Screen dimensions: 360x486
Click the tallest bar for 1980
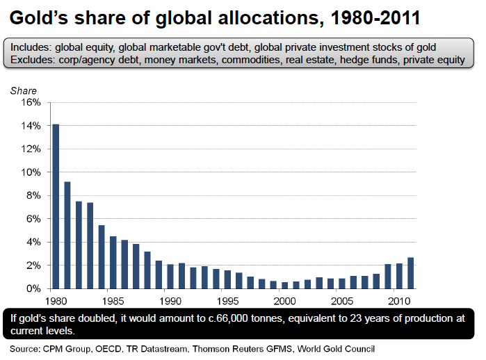tap(56, 206)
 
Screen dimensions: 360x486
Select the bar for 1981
tap(67, 235)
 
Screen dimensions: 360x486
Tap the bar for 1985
tap(113, 263)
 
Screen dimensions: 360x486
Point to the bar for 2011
tap(411, 273)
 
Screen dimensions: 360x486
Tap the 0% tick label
tap(35, 288)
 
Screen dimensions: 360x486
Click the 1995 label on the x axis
tap(226, 302)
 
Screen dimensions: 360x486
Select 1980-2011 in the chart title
tap(371, 17)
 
